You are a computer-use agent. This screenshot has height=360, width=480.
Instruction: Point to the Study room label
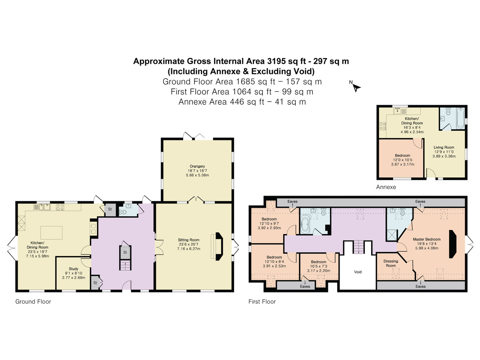(74, 269)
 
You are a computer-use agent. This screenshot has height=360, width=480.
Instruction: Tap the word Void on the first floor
(358, 272)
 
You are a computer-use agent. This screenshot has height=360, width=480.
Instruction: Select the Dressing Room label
(390, 263)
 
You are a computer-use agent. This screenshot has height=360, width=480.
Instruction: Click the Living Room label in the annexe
(444, 147)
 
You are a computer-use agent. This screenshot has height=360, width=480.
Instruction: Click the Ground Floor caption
(33, 302)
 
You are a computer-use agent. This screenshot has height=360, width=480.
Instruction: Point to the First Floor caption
(262, 302)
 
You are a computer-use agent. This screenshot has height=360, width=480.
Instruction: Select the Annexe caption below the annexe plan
(386, 187)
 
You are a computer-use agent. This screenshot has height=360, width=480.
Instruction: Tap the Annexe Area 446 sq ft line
(242, 102)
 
